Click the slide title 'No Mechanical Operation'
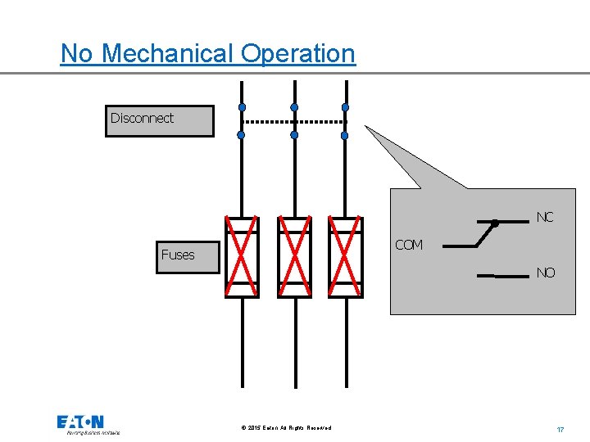[x=208, y=54]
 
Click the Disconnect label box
[x=159, y=120]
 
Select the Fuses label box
[x=188, y=255]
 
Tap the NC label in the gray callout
[x=545, y=217]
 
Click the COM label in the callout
[x=409, y=245]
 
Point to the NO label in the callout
[x=545, y=273]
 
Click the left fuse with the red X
[x=242, y=256]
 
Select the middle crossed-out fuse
[x=294, y=256]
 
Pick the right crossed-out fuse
[x=345, y=256]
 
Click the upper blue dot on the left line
[x=242, y=107]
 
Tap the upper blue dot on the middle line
[x=294, y=107]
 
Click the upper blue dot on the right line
[x=345, y=107]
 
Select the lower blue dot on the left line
[x=242, y=135]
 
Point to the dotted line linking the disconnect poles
[x=296, y=122]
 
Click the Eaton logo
[x=80, y=423]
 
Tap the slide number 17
[x=560, y=429]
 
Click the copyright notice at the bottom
[x=287, y=428]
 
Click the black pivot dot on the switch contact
[x=495, y=223]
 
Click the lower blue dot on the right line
[x=345, y=135]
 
